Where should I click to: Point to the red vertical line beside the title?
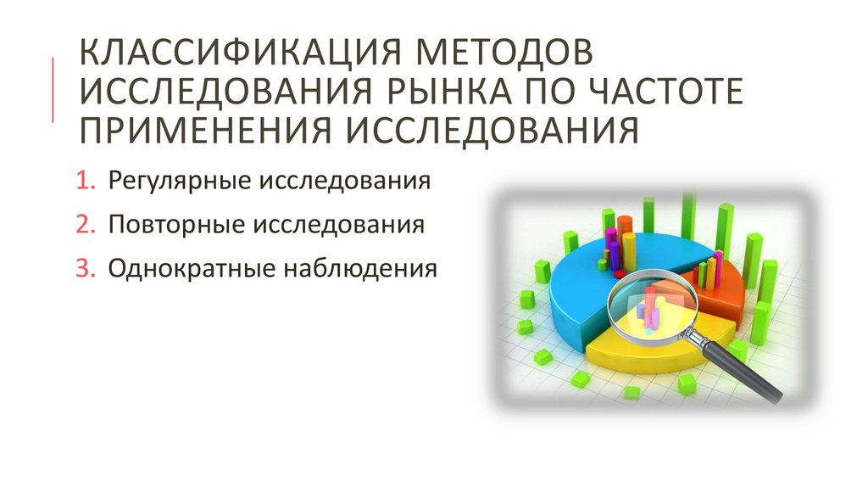[x=53, y=90]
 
